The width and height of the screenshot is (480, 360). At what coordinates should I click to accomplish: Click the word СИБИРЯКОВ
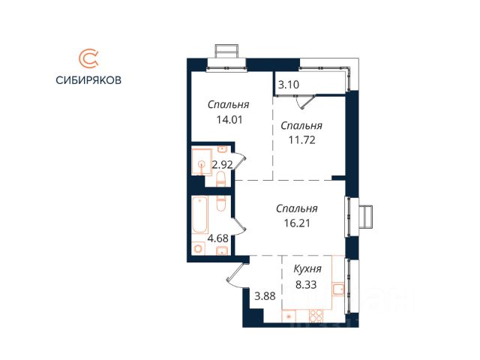pyautogui.click(x=88, y=80)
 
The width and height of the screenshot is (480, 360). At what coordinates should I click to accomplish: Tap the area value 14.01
pyautogui.click(x=229, y=120)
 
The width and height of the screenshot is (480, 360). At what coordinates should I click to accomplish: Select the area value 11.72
pyautogui.click(x=301, y=140)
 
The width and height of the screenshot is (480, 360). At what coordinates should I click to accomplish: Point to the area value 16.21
pyautogui.click(x=297, y=223)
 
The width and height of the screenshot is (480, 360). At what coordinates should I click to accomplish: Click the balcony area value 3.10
pyautogui.click(x=288, y=85)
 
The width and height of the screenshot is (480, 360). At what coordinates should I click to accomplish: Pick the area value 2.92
pyautogui.click(x=223, y=165)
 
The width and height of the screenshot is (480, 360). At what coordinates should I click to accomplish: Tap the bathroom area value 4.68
pyautogui.click(x=218, y=238)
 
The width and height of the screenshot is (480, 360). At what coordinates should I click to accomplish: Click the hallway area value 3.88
pyautogui.click(x=265, y=296)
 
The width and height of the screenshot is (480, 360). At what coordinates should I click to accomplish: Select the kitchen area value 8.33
pyautogui.click(x=306, y=284)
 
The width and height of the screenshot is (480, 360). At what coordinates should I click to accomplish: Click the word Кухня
pyautogui.click(x=307, y=269)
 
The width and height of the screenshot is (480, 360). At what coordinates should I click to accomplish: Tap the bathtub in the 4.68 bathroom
pyautogui.click(x=200, y=215)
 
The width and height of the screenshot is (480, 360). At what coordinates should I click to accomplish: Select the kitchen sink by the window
pyautogui.click(x=338, y=289)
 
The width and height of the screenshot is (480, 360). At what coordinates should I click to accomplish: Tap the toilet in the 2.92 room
pyautogui.click(x=220, y=178)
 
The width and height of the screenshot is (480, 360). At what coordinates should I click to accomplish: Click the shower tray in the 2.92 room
pyautogui.click(x=202, y=162)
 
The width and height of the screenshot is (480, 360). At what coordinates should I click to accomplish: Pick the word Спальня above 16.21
pyautogui.click(x=297, y=208)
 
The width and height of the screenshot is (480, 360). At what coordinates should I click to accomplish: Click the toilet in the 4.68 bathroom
pyautogui.click(x=220, y=202)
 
